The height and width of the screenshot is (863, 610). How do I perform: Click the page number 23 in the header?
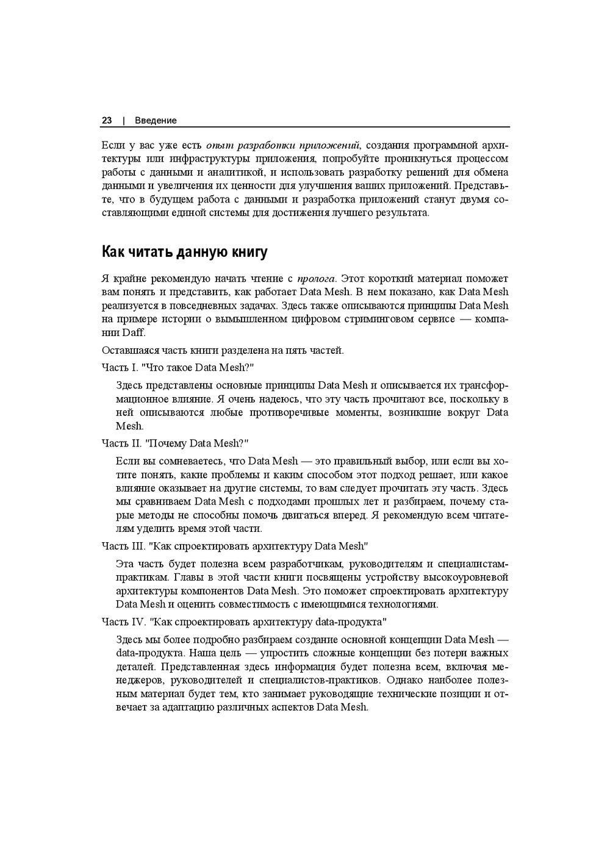(107, 121)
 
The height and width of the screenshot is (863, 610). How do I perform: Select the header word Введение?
(156, 121)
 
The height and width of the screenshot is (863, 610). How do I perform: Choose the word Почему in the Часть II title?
(167, 443)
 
